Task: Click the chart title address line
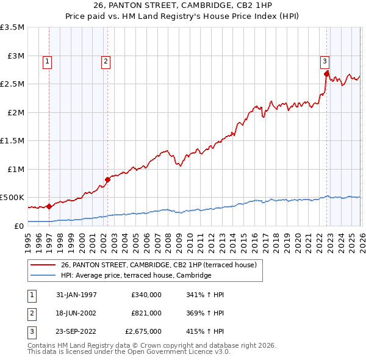[182, 5]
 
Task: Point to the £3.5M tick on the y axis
[13, 27]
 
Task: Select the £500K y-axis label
[12, 198]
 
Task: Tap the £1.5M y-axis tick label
[13, 141]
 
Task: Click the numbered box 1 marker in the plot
[47, 60]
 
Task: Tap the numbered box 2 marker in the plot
[106, 60]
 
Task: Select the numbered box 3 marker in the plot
[325, 60]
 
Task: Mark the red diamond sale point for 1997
[49, 206]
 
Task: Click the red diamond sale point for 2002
[107, 179]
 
